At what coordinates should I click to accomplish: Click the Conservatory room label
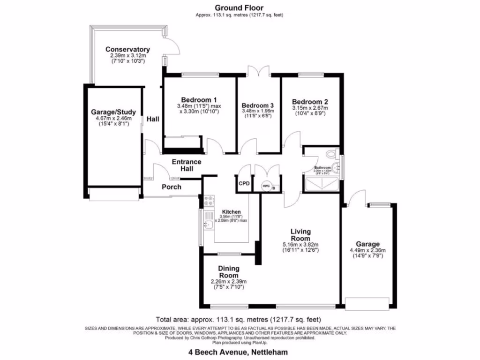127,49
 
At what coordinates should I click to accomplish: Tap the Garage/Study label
113,112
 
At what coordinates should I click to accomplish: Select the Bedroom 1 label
199,100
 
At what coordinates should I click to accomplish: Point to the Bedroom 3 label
257,105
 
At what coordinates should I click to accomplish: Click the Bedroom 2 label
310,102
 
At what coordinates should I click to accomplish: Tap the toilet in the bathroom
332,153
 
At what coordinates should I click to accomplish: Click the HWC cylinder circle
266,186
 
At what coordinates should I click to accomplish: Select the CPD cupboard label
244,184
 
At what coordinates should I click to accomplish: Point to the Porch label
172,187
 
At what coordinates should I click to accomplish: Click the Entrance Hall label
186,165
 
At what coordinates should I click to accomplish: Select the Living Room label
300,235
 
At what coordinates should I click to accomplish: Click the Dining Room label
228,272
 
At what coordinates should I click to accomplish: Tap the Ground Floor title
240,7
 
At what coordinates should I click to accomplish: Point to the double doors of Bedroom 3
259,70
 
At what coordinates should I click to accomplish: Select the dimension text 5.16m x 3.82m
300,245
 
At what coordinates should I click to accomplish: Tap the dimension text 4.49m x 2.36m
367,250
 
